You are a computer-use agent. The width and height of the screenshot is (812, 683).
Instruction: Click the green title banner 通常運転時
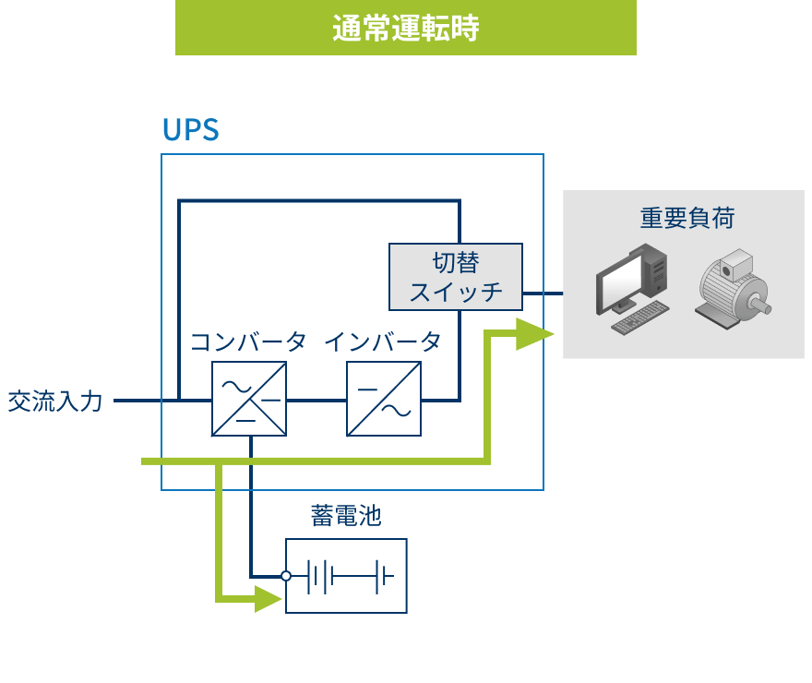tap(406, 29)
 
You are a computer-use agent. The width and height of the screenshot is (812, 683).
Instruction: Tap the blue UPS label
tap(190, 130)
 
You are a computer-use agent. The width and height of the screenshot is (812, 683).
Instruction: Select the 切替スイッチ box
tap(456, 277)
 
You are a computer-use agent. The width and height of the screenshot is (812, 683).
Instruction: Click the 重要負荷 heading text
tap(687, 218)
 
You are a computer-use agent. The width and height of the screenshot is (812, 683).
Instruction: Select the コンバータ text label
tap(247, 342)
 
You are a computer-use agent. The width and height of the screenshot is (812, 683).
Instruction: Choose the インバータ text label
tap(382, 342)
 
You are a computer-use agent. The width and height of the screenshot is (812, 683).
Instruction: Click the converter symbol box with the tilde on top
tap(249, 399)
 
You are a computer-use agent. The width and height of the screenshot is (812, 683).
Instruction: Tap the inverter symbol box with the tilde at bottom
tap(384, 399)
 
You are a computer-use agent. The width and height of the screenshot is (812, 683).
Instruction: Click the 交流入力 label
tap(54, 401)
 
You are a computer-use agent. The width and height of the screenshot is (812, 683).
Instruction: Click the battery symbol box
tap(346, 576)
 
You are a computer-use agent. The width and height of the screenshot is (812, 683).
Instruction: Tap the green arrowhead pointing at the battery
tap(269, 600)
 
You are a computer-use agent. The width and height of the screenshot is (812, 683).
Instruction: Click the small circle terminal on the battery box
tap(286, 576)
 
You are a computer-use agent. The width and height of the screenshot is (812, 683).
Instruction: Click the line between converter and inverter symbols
tap(316, 400)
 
